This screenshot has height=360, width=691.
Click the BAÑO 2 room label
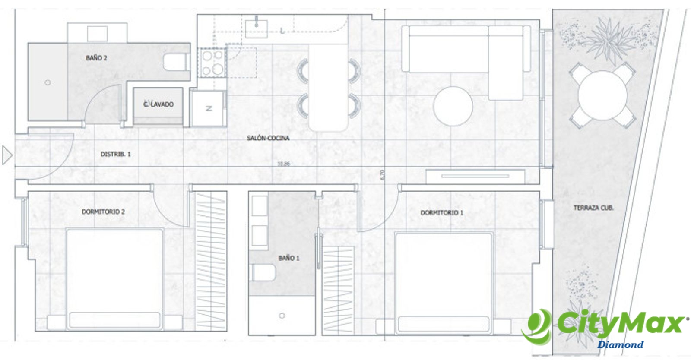pos(96,58)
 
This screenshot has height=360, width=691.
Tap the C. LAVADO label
pos(158,104)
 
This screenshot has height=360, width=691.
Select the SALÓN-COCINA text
pos(268,138)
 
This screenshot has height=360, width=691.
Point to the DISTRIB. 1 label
pos(115,154)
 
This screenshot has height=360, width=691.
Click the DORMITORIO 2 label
pos(103,212)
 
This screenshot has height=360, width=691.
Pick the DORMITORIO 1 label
pos(442,213)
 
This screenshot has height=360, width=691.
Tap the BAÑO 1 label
pos(288,258)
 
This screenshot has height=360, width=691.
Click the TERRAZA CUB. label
pos(593,208)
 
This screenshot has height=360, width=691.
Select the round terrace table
pos(602,95)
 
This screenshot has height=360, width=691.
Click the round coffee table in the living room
pos(453,106)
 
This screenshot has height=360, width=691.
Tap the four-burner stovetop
pos(212,63)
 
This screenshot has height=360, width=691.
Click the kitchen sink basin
pos(256,28)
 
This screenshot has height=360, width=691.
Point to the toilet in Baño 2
pos(175,63)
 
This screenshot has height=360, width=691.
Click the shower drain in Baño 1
pos(282,316)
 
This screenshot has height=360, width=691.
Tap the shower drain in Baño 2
pos(48,82)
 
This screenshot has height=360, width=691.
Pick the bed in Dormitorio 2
pos(114,278)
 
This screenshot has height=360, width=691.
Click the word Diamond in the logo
pos(620,345)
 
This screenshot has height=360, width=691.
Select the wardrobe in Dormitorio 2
pos(211,261)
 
